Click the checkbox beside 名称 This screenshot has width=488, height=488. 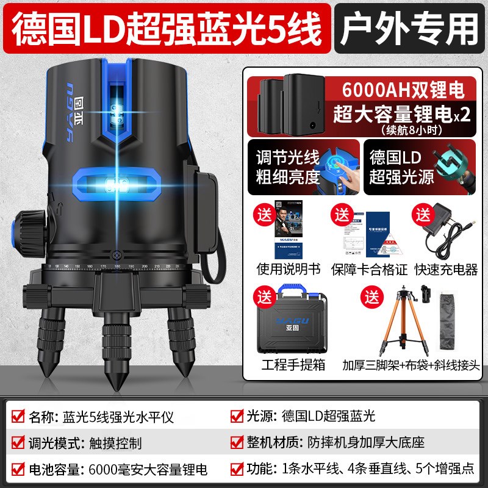[x=18, y=417]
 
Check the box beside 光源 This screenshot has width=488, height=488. [x=236, y=417]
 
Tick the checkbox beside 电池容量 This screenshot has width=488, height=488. [x=18, y=470]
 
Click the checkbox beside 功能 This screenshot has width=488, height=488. [x=236, y=470]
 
